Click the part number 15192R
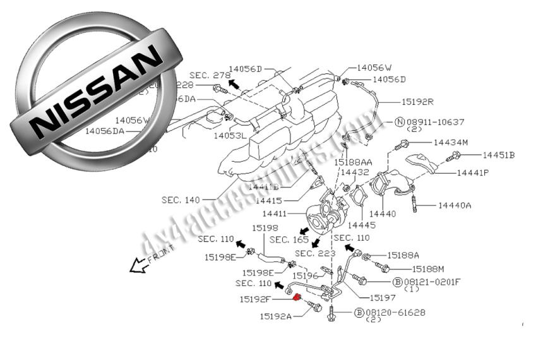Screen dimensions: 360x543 tap(418, 101)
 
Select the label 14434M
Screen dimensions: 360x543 tap(450, 143)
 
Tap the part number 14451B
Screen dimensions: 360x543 tap(499, 155)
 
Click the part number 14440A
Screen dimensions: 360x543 tap(455, 205)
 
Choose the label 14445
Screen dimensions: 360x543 tap(362, 225)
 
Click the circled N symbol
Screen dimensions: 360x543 tap(400, 121)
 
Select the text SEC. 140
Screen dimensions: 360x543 tap(181, 200)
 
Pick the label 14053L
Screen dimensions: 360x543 tap(230, 135)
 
